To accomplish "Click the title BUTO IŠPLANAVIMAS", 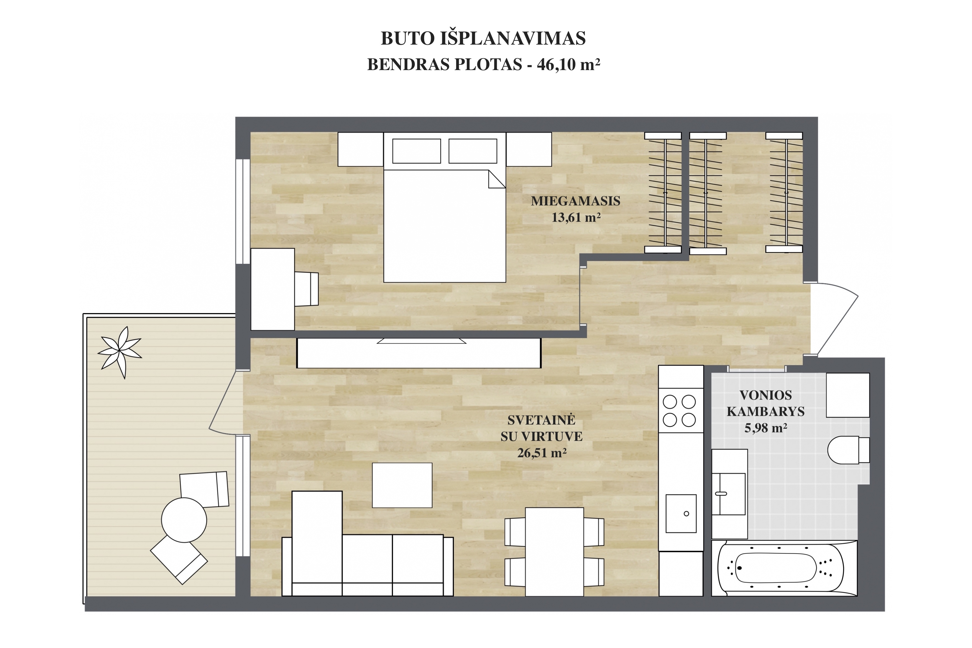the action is click(x=483, y=39).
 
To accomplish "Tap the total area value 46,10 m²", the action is click(x=568, y=65).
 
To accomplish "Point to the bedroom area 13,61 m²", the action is click(x=576, y=217).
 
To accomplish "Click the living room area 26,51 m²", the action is click(x=541, y=453).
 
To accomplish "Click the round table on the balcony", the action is click(x=184, y=520).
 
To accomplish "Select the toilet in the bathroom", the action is click(x=848, y=450).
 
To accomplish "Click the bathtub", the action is click(x=784, y=568).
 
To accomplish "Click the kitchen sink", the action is click(x=681, y=513).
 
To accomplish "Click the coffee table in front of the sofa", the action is click(x=402, y=485).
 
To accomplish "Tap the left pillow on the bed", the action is click(x=416, y=151).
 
